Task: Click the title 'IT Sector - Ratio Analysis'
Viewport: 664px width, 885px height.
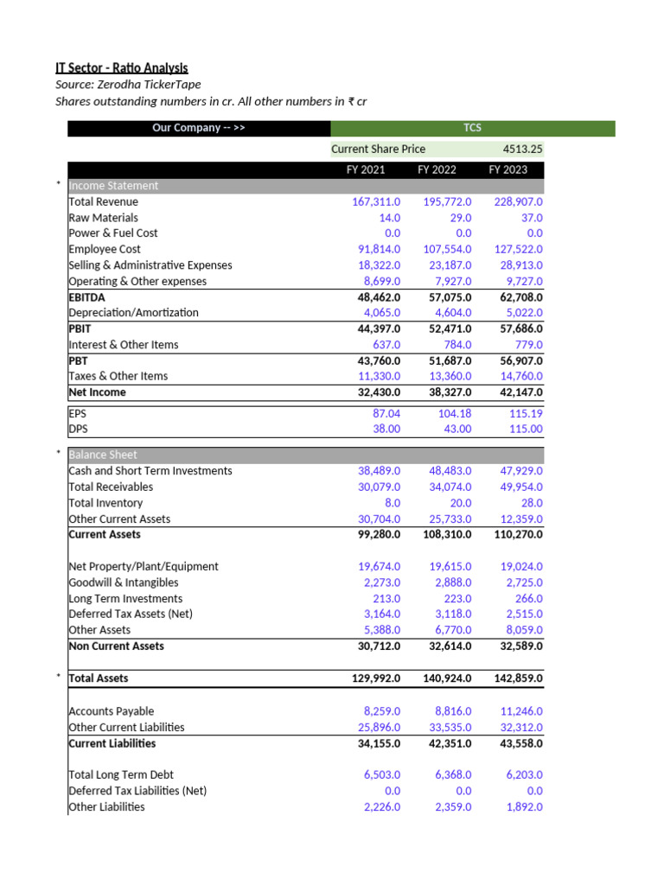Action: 122,68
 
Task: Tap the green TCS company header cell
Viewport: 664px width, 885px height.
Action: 472,129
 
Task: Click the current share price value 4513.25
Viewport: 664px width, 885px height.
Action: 523,150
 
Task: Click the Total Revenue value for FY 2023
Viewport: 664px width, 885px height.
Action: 516,201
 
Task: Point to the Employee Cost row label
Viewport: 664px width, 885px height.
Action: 105,249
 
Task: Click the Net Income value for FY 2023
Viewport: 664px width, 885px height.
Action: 516,392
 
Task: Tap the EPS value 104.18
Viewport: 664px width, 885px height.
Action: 454,414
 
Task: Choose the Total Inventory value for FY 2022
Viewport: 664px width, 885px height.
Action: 460,503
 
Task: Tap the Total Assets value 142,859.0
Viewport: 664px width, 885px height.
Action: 516,678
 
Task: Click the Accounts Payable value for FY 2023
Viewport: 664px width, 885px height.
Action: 520,711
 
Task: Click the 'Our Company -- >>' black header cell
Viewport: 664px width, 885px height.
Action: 199,129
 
